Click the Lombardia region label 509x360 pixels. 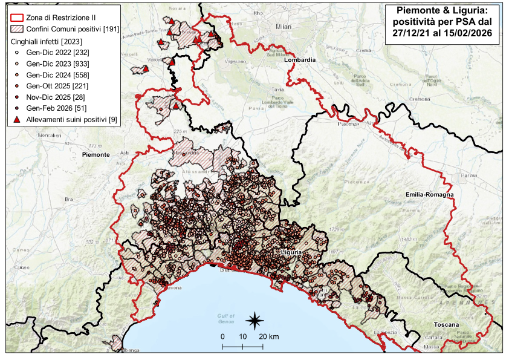(x=300, y=61)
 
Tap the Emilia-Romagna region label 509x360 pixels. (x=430, y=194)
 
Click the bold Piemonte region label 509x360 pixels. (x=95, y=155)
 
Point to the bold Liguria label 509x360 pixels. (x=291, y=250)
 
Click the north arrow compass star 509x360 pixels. (x=254, y=319)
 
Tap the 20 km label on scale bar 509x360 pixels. (x=270, y=336)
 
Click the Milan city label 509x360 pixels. (x=283, y=27)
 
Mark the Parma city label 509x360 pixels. (x=467, y=176)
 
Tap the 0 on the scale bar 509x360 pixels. (x=222, y=336)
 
